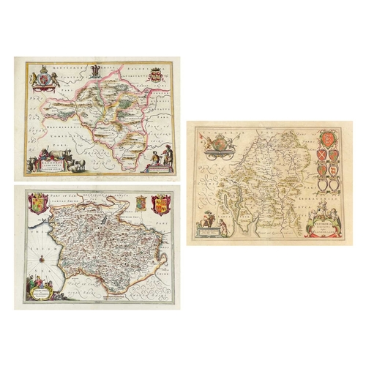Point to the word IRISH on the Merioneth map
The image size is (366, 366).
(30, 254)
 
